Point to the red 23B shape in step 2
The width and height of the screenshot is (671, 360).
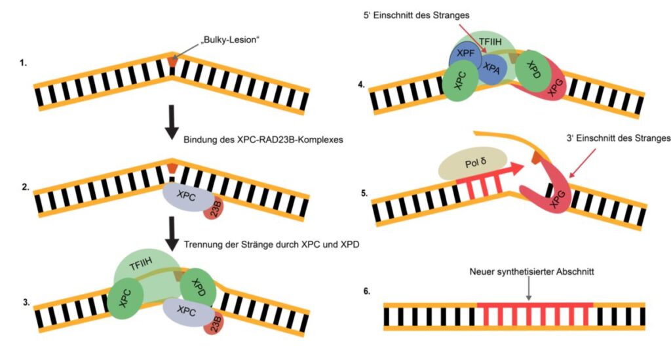213,210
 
